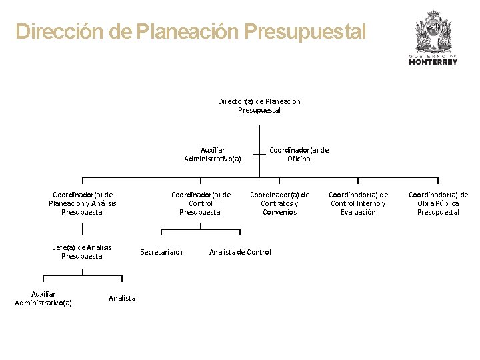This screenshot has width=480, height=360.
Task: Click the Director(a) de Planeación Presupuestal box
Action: [x=259, y=105]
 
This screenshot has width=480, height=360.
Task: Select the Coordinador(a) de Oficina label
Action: [x=299, y=154]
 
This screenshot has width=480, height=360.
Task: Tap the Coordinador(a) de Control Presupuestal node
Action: [x=201, y=203]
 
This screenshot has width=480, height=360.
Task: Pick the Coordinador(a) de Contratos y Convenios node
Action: [x=279, y=203]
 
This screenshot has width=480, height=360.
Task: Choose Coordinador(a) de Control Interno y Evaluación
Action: [x=358, y=203]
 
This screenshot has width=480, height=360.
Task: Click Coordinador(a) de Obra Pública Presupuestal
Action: [x=438, y=203]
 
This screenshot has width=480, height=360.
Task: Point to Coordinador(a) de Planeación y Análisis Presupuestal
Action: [x=83, y=203]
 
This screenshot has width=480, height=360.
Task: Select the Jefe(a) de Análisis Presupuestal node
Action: [x=83, y=251]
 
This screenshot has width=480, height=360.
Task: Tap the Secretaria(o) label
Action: [x=161, y=252]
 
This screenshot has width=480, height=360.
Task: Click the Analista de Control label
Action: [x=240, y=252]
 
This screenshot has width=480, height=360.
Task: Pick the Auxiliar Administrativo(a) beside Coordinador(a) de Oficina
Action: [x=213, y=154]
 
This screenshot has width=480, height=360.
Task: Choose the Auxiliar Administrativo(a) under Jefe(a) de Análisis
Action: [x=43, y=298]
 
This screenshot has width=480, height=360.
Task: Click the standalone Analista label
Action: [x=122, y=298]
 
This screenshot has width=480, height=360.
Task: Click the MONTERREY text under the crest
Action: [x=433, y=62]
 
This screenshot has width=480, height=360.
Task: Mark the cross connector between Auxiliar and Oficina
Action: [x=259, y=155]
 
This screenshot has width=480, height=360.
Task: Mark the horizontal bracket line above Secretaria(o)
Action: [x=201, y=229]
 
